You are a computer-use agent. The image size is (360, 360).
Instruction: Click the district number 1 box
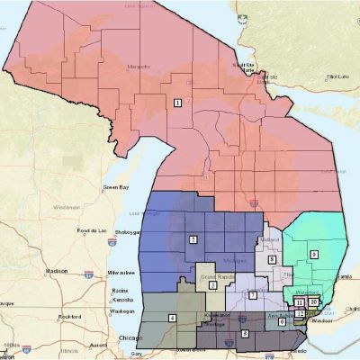[x=177, y=103]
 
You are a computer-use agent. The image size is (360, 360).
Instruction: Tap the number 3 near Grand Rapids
[x=212, y=285]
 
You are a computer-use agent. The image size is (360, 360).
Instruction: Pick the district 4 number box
[x=172, y=318]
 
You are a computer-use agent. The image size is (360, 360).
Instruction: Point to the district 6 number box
[x=281, y=321]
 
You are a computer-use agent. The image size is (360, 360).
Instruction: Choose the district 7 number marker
[x=253, y=295]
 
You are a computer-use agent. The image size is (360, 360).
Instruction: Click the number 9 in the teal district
[x=314, y=255]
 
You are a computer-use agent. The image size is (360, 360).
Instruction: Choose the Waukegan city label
[x=122, y=310]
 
